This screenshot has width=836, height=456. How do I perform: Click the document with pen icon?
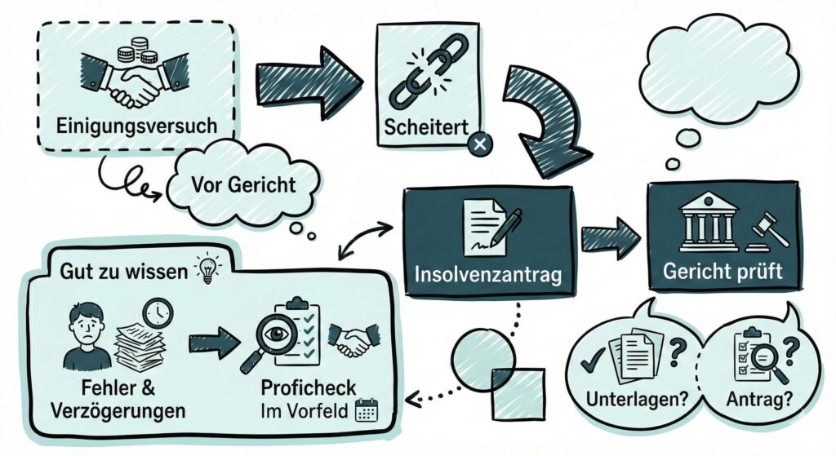[487, 226]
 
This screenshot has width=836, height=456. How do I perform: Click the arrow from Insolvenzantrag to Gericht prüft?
[610, 237]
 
